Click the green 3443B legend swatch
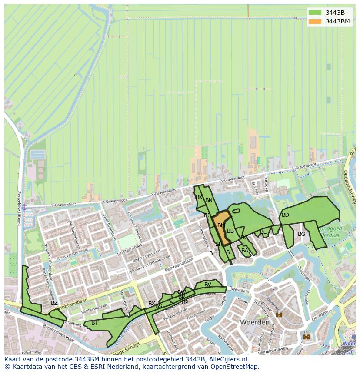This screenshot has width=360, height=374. click(315, 13)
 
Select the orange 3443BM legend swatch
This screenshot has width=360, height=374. click(315, 21)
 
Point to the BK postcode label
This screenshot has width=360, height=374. click(199, 197)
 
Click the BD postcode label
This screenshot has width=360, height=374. click(285, 215)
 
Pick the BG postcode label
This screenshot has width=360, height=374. click(301, 234)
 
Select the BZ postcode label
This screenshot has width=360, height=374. click(54, 303)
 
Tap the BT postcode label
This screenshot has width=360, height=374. click(94, 323)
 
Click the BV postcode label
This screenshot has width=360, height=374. click(208, 285)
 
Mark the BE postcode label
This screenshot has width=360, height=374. click(263, 232)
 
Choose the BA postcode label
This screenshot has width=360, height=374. click(245, 251)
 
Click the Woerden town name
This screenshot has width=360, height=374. click(254, 323)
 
